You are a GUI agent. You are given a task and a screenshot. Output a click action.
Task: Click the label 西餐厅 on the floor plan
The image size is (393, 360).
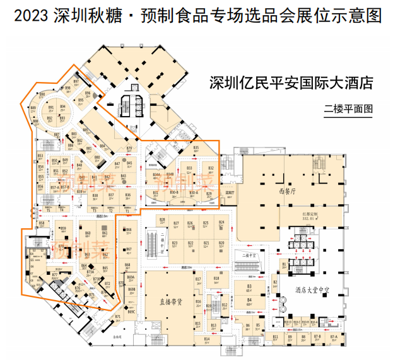(x=286, y=190)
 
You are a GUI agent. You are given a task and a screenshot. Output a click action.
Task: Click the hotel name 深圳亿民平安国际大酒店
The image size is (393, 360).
(x=291, y=83)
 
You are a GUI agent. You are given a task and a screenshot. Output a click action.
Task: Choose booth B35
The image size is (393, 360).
(x=196, y=149)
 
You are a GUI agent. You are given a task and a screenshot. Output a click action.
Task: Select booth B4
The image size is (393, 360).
(x=250, y=301)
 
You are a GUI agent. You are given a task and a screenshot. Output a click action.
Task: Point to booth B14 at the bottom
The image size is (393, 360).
(x=207, y=340)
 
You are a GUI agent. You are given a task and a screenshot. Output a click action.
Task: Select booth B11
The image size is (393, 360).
(x=276, y=339)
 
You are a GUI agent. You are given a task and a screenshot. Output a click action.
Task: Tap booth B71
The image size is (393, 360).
(x=118, y=317)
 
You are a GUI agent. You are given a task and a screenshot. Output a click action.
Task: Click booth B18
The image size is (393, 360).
(x=216, y=280)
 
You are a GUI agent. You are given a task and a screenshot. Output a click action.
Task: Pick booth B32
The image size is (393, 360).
(x=211, y=169)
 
